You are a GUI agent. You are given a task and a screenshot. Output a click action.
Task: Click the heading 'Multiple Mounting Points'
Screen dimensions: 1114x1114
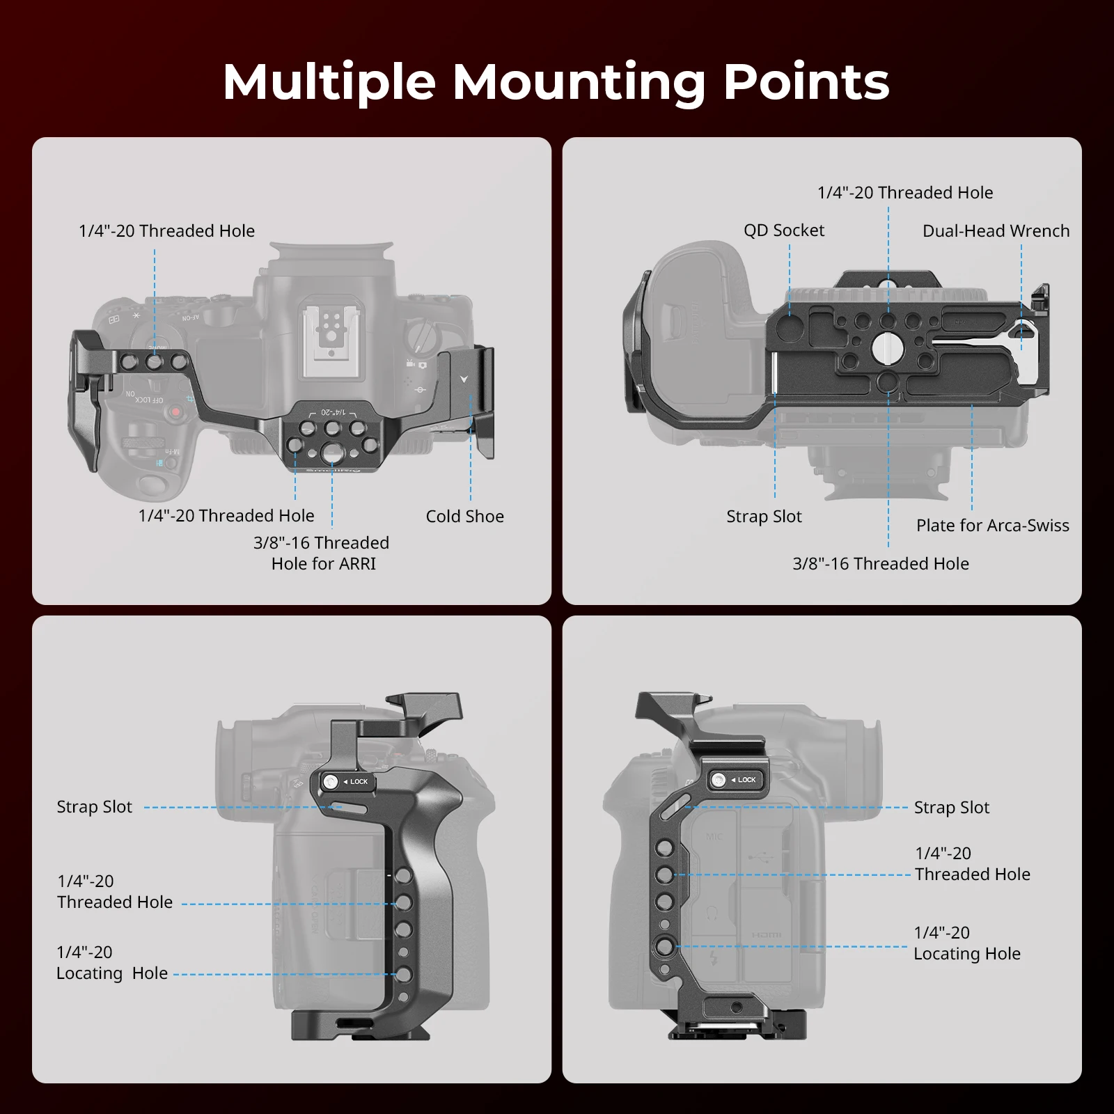[556, 82]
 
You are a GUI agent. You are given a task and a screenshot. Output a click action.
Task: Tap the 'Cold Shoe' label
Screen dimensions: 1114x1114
[464, 517]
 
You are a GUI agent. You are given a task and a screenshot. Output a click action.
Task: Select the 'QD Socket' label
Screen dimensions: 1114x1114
[783, 230]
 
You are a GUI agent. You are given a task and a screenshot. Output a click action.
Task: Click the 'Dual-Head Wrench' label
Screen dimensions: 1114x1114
[996, 231]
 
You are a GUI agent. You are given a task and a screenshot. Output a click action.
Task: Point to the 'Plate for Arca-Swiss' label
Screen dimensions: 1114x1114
[992, 526]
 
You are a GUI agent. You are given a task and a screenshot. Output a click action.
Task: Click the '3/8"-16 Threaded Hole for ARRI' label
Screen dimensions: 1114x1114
[322, 553]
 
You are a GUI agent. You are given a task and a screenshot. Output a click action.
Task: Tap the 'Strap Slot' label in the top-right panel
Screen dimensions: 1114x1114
[764, 517]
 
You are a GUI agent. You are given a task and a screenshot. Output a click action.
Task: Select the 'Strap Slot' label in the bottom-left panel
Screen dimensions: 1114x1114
[94, 807]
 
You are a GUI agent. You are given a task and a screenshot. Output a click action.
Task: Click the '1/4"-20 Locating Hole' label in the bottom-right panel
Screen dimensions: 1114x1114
[966, 943]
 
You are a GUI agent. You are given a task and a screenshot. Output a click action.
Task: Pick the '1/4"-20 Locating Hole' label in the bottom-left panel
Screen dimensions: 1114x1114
[112, 962]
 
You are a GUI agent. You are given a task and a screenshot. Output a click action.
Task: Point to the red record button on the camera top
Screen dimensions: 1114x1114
[176, 412]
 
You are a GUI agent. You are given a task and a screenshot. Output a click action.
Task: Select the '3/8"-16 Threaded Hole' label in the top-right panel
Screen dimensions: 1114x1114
[880, 564]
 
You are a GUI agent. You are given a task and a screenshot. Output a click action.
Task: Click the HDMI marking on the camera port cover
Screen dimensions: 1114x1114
[766, 935]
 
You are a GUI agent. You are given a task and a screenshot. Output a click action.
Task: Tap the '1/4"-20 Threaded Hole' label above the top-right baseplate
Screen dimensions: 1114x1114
[904, 193]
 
